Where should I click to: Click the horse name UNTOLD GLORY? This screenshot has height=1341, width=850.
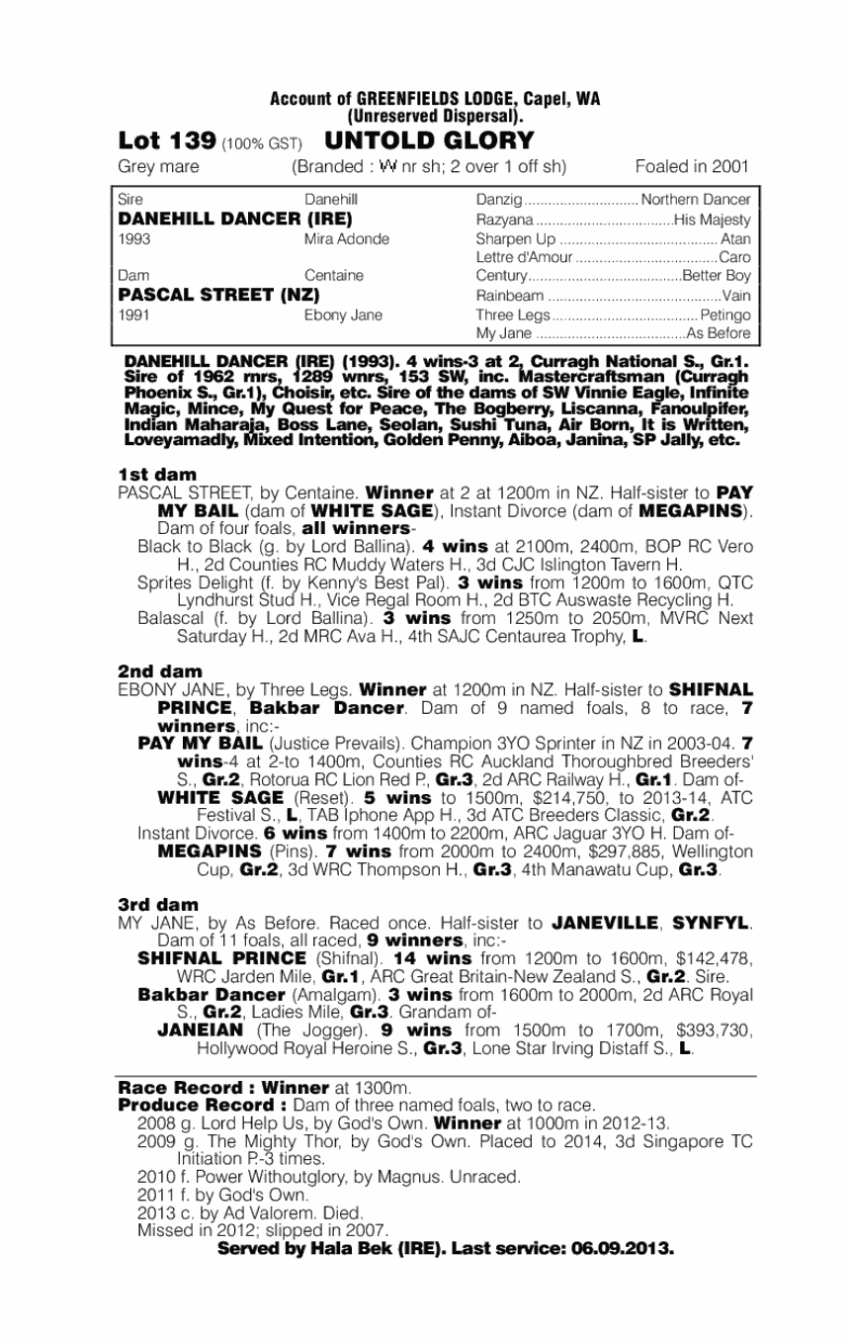(x=428, y=140)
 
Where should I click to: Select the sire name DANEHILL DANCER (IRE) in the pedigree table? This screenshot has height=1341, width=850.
(x=235, y=218)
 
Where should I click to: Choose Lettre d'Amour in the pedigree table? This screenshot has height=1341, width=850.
(x=524, y=257)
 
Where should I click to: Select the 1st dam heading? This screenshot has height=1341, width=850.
(x=157, y=474)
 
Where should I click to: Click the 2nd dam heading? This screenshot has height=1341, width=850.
(x=159, y=670)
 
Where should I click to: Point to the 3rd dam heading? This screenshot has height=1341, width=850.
(x=158, y=905)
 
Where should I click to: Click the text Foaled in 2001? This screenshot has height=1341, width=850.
(x=692, y=166)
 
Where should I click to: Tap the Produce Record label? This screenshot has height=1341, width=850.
(x=203, y=1105)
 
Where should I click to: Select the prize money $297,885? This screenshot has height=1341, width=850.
(x=593, y=850)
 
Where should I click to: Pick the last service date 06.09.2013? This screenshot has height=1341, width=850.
(x=624, y=1249)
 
